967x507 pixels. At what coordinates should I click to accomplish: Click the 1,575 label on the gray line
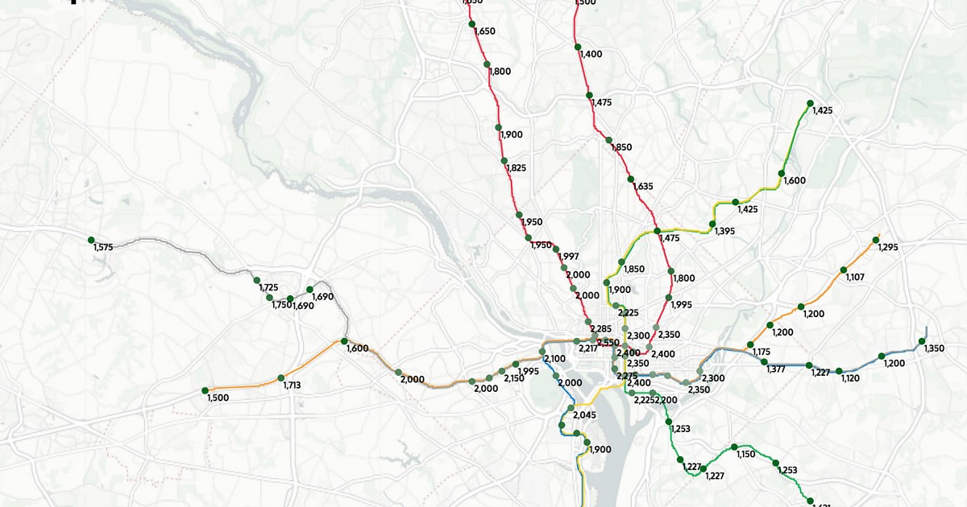(103, 248)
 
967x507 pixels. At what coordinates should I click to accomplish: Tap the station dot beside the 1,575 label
(91, 240)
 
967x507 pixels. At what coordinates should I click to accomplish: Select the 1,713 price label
(292, 385)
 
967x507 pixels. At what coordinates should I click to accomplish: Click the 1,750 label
(281, 305)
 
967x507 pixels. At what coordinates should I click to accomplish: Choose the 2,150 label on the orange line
(513, 378)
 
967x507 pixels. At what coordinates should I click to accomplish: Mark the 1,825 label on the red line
(516, 167)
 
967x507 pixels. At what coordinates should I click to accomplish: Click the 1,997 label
(569, 257)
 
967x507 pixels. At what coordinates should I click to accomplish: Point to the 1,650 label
(485, 31)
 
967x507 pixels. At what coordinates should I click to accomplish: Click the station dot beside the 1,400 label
(578, 47)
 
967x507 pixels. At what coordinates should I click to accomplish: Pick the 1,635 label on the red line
(643, 187)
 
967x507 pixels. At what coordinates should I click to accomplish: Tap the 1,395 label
(724, 232)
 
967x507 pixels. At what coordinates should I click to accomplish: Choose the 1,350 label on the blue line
(934, 348)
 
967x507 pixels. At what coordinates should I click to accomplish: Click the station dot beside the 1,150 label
(734, 447)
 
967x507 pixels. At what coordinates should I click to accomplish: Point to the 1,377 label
(776, 369)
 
